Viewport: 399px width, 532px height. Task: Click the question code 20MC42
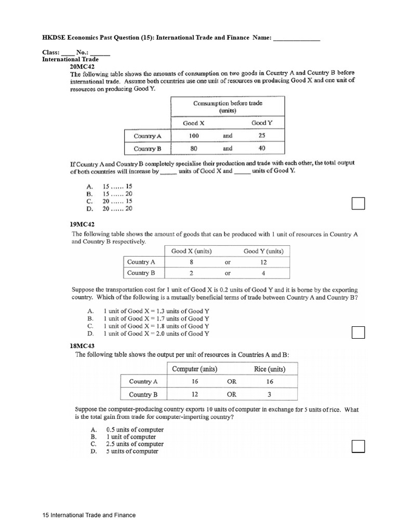pos(83,67)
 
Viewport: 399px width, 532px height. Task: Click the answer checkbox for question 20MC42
pos(358,204)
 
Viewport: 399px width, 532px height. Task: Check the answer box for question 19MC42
pos(358,331)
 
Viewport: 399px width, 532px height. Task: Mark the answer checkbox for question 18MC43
pos(358,446)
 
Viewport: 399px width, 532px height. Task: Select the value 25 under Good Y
pos(262,136)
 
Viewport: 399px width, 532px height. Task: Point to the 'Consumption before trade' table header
pos(228,107)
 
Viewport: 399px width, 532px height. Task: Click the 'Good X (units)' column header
pos(191,251)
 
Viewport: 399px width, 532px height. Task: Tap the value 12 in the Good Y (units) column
pos(263,262)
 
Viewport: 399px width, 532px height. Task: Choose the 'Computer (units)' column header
pos(195,369)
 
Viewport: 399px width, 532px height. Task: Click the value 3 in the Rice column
pos(269,394)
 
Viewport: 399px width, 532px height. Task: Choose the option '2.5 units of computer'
pos(135,444)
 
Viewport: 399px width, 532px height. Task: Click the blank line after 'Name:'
pos(297,38)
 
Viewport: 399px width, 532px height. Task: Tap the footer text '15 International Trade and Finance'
pos(89,515)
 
